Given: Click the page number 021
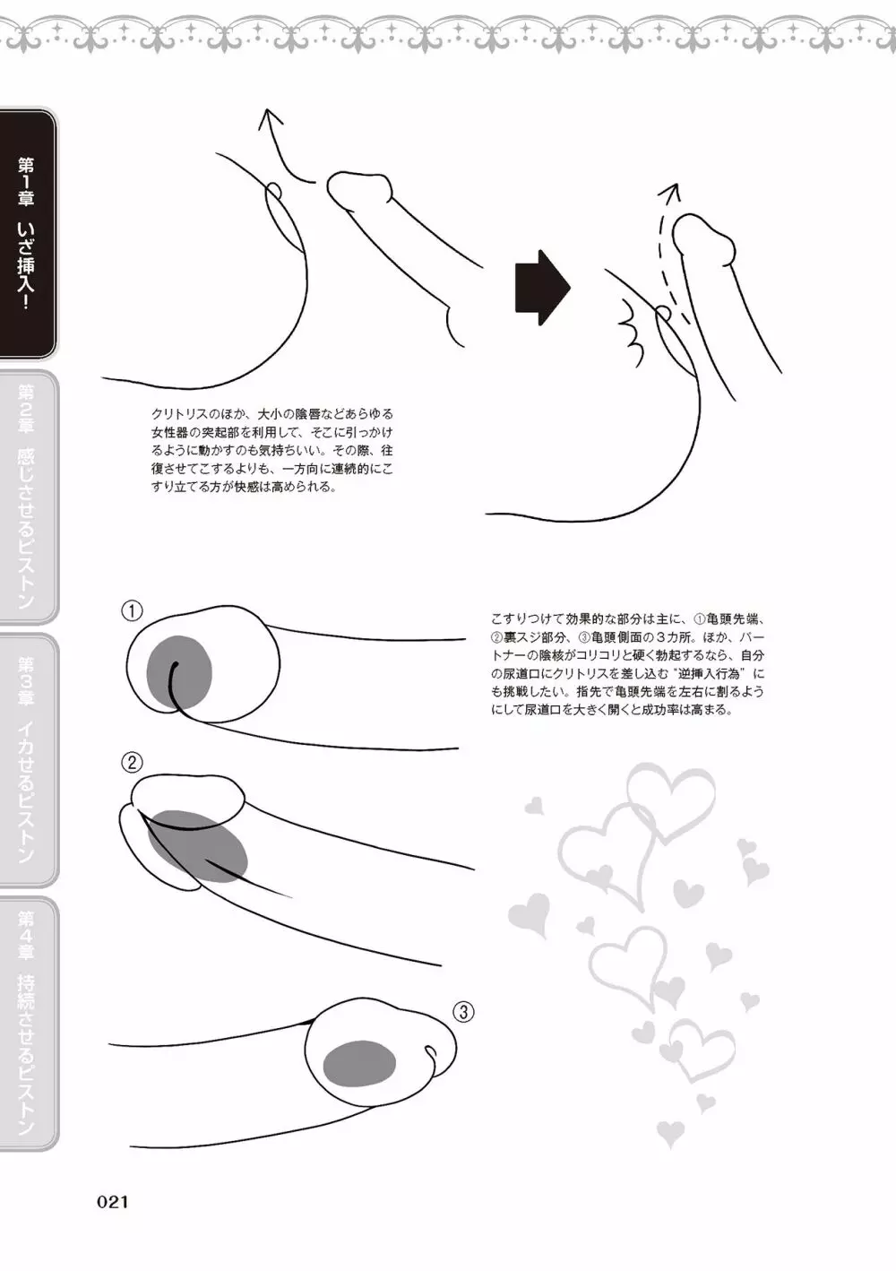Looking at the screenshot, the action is coord(112,1202).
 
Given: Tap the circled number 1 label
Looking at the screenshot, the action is coord(132,611).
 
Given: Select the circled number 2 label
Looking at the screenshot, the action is coord(132,763).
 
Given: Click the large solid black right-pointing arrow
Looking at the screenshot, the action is coord(542,288).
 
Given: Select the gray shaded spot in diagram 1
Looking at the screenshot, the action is coord(179,673).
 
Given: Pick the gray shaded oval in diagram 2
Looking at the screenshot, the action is coord(197,847).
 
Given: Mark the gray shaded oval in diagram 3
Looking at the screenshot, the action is coord(359,1063).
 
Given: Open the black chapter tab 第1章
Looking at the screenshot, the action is coord(27,234).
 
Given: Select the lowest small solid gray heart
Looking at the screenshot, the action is coord(670,1134).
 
